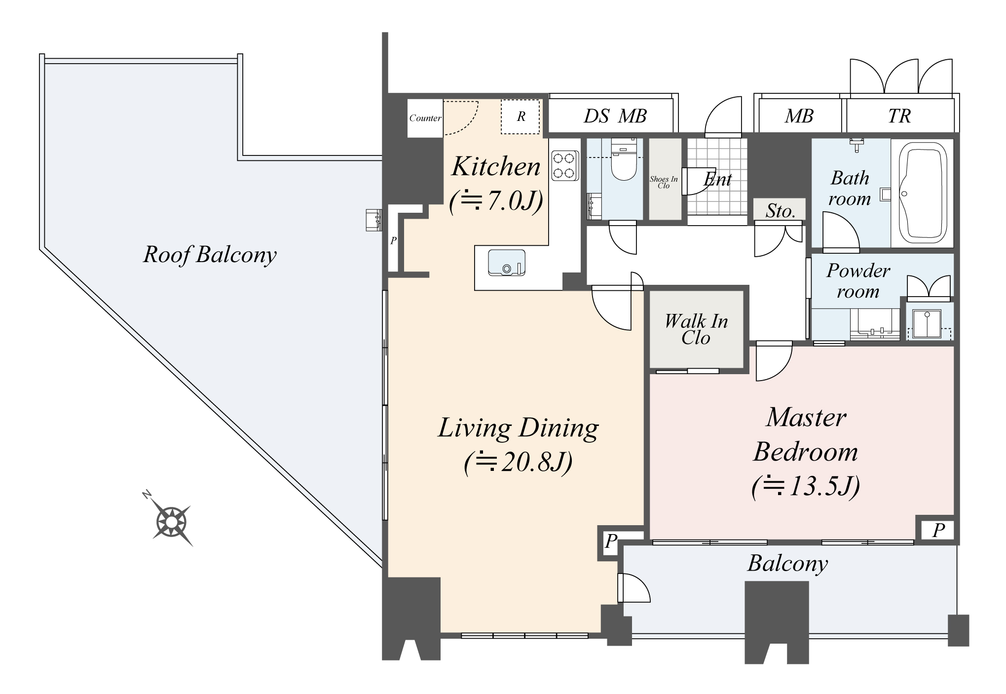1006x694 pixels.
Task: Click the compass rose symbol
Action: pos(171,522)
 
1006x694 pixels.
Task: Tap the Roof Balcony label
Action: pos(210,255)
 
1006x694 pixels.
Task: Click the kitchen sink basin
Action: pos(506,263)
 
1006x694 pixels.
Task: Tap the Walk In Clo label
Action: pos(696,329)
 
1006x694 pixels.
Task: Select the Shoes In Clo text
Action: pos(664,183)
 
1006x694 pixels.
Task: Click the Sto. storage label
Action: pos(781,211)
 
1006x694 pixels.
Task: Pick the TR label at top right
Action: pos(899,116)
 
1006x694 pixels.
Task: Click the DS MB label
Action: pos(615,116)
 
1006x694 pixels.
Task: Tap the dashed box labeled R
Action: pos(521,116)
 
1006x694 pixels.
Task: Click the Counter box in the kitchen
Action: pos(425,118)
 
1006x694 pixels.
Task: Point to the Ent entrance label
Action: pos(718,179)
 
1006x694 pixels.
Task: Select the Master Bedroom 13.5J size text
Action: pos(805,486)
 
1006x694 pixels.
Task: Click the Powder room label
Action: pos(858,281)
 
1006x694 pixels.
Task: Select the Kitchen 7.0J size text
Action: pos(496,201)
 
